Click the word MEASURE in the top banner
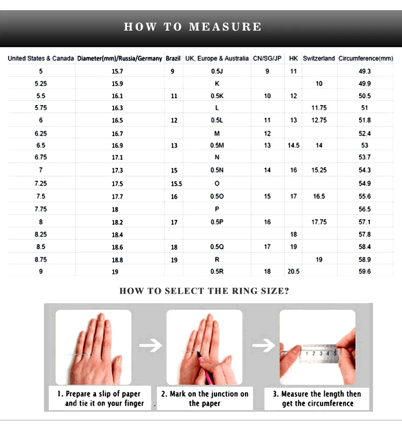coord(225,27)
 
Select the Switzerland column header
coord(318,58)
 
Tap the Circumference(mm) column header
coord(366,58)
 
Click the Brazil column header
coord(173,58)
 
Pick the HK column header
coord(293,58)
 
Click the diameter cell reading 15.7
coord(117,71)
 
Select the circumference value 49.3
coord(364,71)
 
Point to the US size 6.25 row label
coord(41,134)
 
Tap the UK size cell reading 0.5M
coord(217,145)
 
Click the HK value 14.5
coord(293,145)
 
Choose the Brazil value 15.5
coord(176,184)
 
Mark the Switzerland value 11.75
coord(319,108)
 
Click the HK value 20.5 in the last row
coord(293,271)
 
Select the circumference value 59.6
coord(364,271)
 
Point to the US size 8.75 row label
coord(41,260)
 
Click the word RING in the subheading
coord(244,291)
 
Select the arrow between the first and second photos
coord(150,345)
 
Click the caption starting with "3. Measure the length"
coord(317,398)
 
